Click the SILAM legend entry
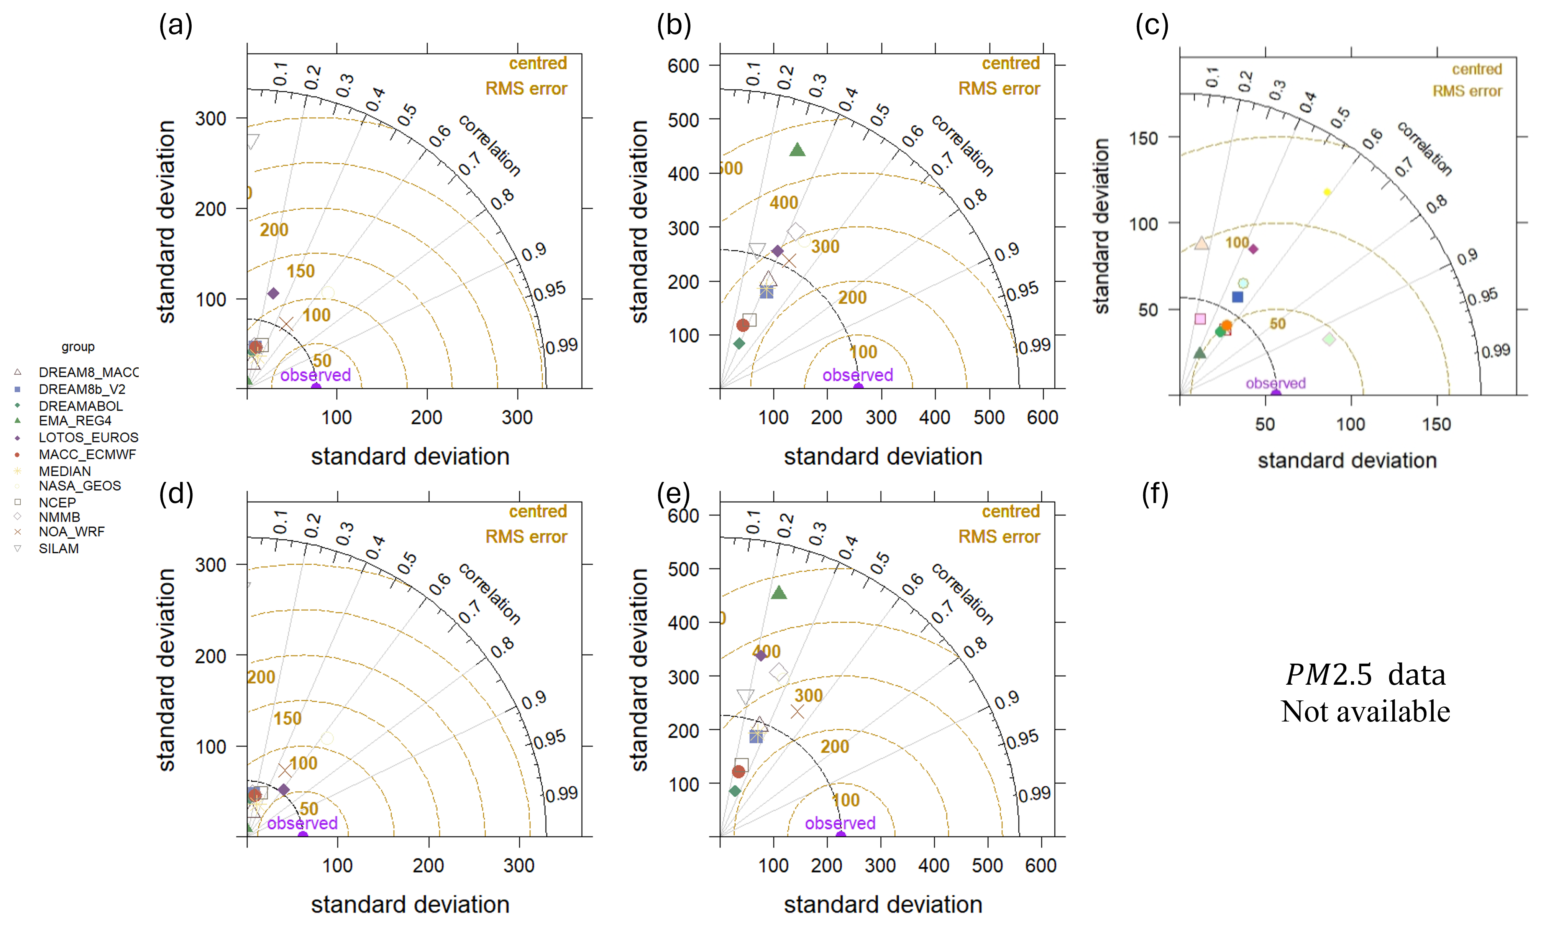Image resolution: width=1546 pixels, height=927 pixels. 58,549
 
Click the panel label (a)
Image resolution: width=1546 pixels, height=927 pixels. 176,26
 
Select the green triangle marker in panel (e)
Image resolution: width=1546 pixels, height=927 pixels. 779,593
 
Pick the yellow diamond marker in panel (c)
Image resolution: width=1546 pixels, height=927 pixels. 1327,192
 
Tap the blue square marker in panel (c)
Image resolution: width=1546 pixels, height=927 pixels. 1237,297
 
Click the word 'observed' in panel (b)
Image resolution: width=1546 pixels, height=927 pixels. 857,375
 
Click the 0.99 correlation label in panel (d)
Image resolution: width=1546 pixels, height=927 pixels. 562,794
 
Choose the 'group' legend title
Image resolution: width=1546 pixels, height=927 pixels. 78,347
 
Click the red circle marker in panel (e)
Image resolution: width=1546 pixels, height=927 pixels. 739,771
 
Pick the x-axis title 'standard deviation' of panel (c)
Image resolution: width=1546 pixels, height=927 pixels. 1347,460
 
